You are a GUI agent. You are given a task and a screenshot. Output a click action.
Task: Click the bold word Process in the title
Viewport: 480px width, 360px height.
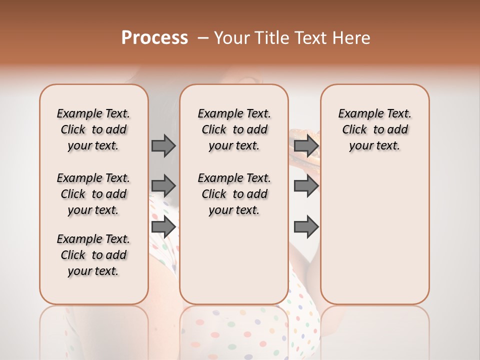[154, 38]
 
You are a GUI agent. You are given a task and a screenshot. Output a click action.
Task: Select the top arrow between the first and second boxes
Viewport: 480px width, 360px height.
[163, 146]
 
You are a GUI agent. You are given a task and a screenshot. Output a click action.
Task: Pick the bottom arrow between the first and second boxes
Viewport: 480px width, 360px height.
[163, 227]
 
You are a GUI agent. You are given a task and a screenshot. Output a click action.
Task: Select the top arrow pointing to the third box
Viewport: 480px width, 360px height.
[306, 146]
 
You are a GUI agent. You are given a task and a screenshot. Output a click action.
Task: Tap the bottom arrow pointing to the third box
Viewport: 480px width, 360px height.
[306, 227]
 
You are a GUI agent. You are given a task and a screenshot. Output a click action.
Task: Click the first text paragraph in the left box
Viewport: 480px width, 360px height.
[93, 129]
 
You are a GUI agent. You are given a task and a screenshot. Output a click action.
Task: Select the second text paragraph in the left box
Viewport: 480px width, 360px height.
[93, 194]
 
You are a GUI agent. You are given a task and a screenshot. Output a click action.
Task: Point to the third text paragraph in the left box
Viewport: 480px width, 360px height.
[93, 255]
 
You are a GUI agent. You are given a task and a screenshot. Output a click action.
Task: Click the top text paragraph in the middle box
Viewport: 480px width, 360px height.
[234, 129]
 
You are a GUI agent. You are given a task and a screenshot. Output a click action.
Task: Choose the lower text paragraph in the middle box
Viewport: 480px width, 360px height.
[234, 194]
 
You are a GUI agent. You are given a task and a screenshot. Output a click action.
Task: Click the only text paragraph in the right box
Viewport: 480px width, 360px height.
[374, 129]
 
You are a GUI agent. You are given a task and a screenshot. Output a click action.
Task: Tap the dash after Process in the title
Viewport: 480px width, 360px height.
[203, 38]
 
